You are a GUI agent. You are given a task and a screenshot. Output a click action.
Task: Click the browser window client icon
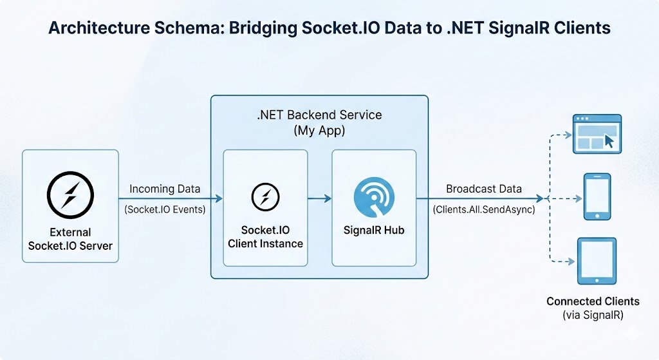point(597,133)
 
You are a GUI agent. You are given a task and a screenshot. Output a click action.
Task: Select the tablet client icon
point(597,261)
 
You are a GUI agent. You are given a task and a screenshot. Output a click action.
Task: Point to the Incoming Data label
point(165,189)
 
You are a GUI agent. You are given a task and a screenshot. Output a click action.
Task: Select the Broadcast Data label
point(484,189)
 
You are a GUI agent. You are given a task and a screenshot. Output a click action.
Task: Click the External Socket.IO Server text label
point(70,239)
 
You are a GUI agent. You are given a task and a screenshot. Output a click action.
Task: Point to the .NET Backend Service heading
point(319,115)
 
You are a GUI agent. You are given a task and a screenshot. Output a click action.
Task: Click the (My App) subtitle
point(319,130)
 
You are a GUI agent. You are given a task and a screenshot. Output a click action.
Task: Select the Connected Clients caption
point(593,301)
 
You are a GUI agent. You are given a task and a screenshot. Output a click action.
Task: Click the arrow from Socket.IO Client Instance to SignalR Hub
point(319,199)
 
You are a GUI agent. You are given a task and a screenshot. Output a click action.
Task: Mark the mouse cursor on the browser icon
point(609,142)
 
